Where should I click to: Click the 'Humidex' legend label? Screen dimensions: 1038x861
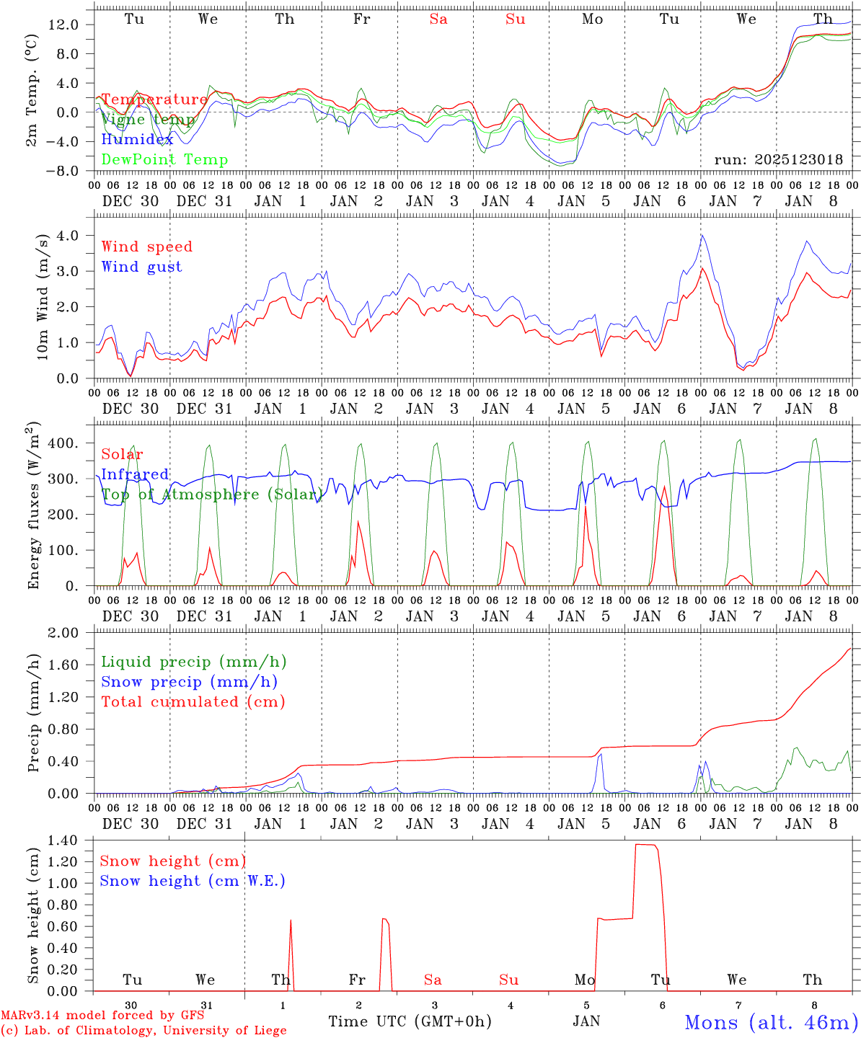pyautogui.click(x=137, y=140)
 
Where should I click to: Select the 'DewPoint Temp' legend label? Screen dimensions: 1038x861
pyautogui.click(x=164, y=160)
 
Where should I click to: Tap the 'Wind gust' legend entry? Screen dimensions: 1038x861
pyautogui.click(x=141, y=267)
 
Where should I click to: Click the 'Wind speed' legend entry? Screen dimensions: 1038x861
pyautogui.click(x=146, y=247)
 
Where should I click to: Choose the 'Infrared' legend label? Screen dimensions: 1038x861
pyautogui.click(x=135, y=474)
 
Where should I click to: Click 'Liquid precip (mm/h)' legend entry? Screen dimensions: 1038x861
pyautogui.click(x=194, y=662)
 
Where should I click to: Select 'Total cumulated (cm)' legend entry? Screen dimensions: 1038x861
pyautogui.click(x=193, y=701)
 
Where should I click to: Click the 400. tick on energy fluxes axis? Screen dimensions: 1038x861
pyautogui.click(x=66, y=443)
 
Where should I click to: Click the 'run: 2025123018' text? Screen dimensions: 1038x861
pyautogui.click(x=778, y=159)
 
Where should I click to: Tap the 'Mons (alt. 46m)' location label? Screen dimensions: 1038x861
pyautogui.click(x=771, y=1022)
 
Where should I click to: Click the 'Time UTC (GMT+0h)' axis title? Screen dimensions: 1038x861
pyautogui.click(x=410, y=1021)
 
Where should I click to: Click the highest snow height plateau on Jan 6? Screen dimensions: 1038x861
pyautogui.click(x=645, y=844)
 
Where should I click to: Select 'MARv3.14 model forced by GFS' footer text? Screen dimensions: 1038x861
pyautogui.click(x=102, y=1016)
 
